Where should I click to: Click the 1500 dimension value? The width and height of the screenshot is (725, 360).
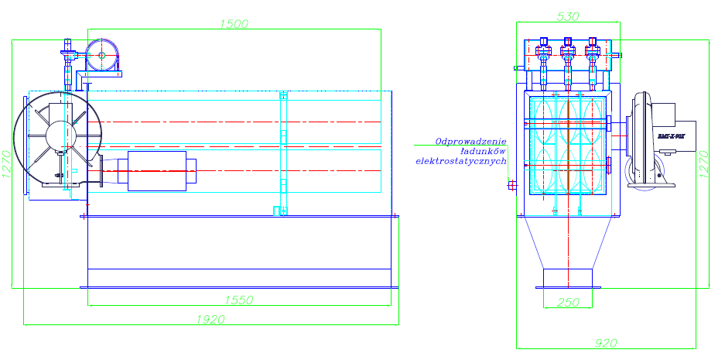pos(233,24)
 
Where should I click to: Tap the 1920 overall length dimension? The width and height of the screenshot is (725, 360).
pos(211,319)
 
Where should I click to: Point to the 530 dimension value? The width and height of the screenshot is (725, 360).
pos(568,15)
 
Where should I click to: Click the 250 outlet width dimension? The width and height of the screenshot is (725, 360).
pos(568,303)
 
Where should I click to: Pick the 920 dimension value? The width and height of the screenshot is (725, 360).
pos(606,341)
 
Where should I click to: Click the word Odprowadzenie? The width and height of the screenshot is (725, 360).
pos(470,142)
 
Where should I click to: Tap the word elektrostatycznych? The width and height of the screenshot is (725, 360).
pos(461,162)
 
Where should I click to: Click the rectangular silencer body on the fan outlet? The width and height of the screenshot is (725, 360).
pos(159,170)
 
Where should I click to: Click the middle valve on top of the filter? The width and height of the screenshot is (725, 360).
pos(568,53)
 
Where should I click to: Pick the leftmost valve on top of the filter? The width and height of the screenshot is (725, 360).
pos(543,53)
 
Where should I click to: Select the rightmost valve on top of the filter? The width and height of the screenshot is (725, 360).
pos(593,53)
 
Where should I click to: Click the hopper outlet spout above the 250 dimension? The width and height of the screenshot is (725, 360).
pos(568,278)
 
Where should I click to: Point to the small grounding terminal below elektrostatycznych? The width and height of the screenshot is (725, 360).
pos(511,184)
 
